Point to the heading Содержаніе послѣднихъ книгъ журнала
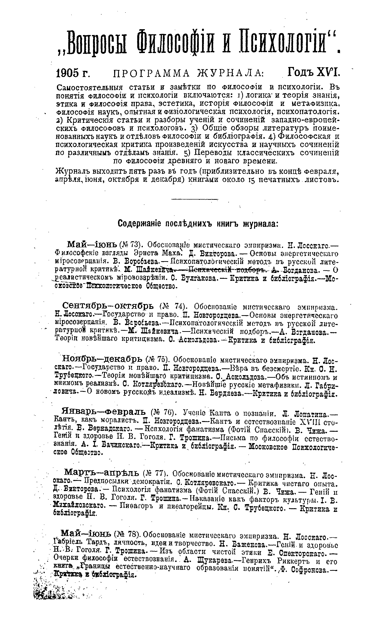click(198, 224)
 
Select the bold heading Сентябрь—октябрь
click(108, 307)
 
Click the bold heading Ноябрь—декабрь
click(103, 358)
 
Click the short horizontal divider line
click(194, 200)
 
